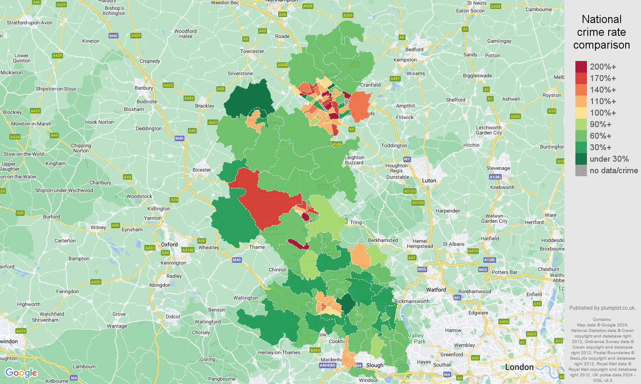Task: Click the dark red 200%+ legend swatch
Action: click(x=581, y=67)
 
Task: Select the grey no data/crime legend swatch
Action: click(x=581, y=171)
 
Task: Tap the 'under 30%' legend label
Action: click(x=609, y=159)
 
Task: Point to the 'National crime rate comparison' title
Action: click(x=601, y=32)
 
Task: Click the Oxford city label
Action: click(x=169, y=244)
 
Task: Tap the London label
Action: click(x=519, y=367)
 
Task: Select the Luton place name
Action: click(x=429, y=180)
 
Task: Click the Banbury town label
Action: click(x=144, y=88)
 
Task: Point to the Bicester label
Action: click(x=201, y=170)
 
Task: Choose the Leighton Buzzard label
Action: click(x=354, y=160)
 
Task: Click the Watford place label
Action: click(x=436, y=290)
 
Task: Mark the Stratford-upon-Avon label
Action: click(x=29, y=23)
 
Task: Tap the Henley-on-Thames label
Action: click(x=279, y=352)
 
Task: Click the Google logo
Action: click(x=21, y=373)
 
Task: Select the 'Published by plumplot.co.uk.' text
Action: click(x=602, y=308)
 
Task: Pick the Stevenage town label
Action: click(x=498, y=168)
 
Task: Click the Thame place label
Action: click(x=257, y=247)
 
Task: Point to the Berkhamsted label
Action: click(x=383, y=240)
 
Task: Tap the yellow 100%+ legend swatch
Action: click(x=581, y=113)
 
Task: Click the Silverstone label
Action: click(x=240, y=73)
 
